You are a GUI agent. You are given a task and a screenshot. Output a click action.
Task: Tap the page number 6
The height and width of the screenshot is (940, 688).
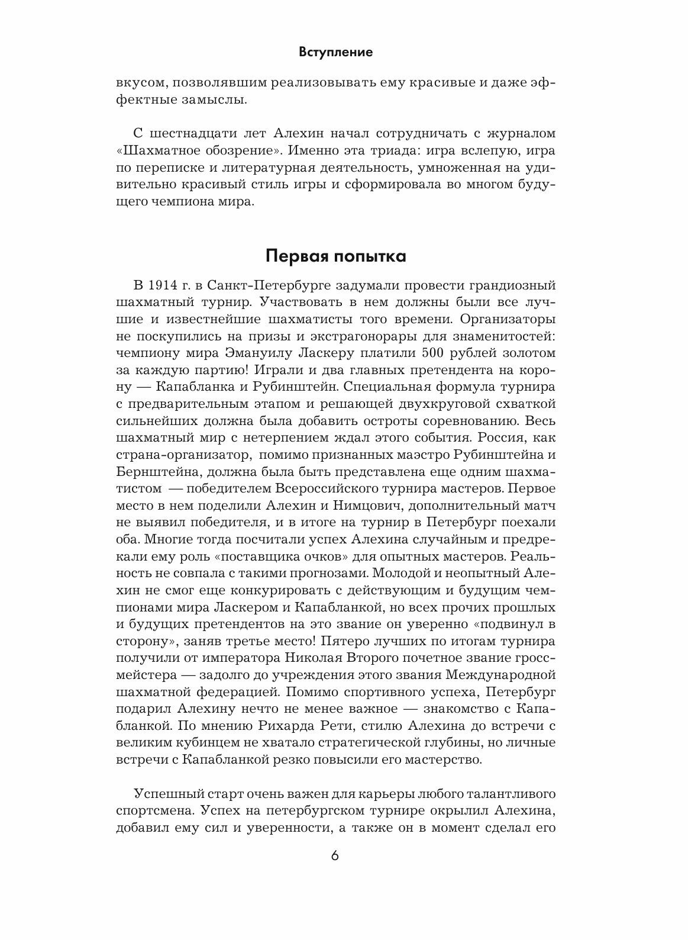click(335, 873)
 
